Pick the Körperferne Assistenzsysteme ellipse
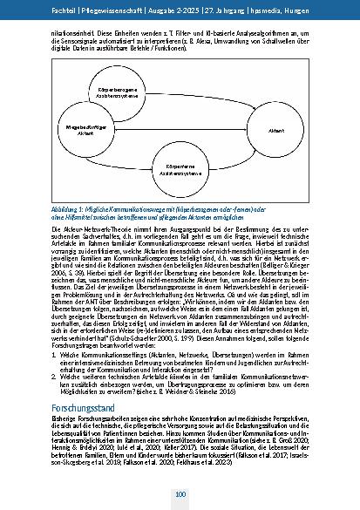tap(180, 169)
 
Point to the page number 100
tap(180, 494)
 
